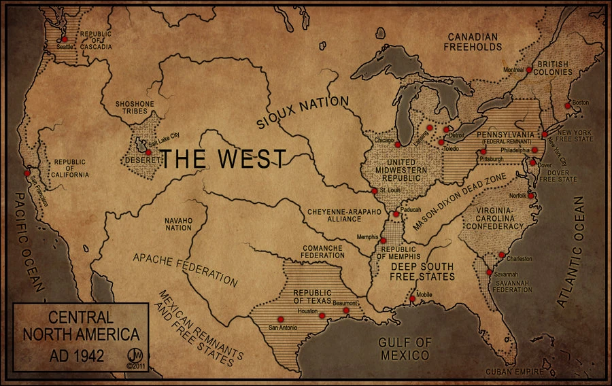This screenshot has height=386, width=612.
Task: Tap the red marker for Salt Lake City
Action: (148, 152)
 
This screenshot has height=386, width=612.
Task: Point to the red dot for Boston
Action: (568, 106)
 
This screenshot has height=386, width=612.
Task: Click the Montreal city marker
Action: (528, 70)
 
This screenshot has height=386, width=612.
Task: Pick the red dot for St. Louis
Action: (375, 191)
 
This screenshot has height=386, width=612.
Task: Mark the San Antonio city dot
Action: (279, 319)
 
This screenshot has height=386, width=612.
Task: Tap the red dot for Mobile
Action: (412, 299)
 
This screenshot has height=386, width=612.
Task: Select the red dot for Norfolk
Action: (531, 196)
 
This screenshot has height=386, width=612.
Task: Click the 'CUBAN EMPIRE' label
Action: (514, 372)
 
